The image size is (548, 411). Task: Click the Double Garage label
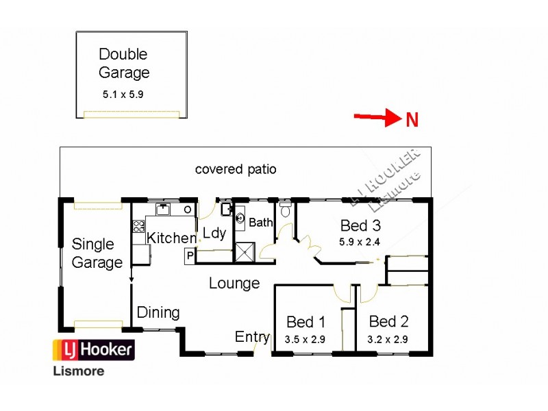[x=124, y=63]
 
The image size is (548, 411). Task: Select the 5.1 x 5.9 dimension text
[x=123, y=95]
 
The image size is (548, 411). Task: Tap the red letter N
[x=412, y=121]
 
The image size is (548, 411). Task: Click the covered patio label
[x=236, y=169]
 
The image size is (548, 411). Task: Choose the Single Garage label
[x=97, y=253]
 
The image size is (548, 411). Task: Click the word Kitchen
[x=171, y=238]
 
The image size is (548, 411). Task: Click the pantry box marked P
[x=189, y=256]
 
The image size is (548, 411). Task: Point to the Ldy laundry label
[x=214, y=234]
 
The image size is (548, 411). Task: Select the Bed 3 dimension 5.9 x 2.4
[x=360, y=241]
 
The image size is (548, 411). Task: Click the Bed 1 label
[x=306, y=322]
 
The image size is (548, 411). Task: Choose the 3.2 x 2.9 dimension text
[x=388, y=338]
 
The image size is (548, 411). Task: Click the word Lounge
[x=234, y=283]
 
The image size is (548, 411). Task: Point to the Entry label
[x=252, y=336]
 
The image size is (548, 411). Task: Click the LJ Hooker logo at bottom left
[x=94, y=350]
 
